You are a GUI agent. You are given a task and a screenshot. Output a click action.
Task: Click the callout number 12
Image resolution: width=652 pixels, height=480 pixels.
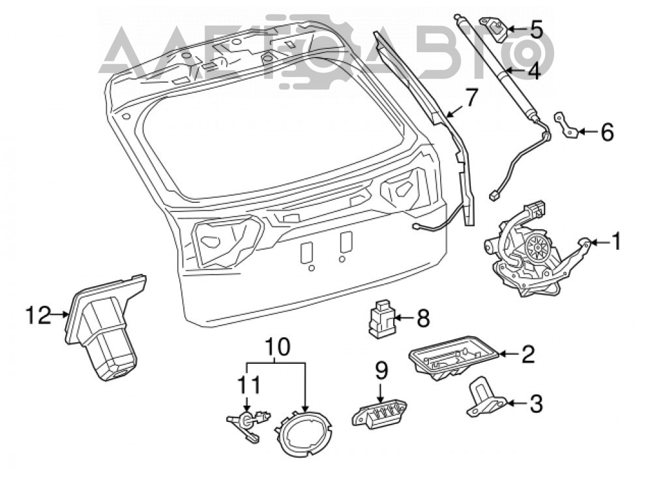[38, 315]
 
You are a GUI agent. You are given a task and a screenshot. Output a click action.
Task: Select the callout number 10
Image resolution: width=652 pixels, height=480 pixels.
[277, 346]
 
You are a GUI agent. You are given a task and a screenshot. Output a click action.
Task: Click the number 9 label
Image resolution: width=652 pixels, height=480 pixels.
[381, 370]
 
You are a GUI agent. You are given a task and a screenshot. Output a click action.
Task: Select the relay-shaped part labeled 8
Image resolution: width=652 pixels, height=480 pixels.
[381, 318]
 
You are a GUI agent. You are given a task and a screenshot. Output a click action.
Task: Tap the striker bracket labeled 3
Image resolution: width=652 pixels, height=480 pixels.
[484, 397]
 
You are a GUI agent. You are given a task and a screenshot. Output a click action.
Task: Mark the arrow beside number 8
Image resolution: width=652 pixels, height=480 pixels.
[404, 319]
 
